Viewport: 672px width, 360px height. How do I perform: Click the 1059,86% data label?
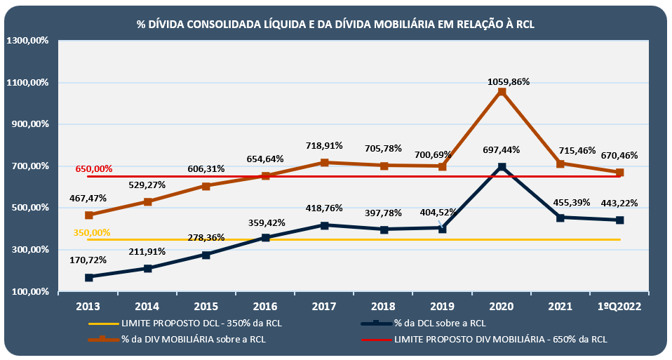(502, 81)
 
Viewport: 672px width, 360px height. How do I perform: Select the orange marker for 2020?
(502, 92)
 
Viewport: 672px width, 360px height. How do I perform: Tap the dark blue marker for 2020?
(502, 167)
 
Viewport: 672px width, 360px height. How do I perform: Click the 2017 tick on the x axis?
(324, 306)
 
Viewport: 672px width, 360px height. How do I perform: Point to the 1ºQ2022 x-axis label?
(619, 306)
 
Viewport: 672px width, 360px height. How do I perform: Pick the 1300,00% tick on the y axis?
(26, 41)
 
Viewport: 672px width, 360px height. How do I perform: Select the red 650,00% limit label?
(94, 169)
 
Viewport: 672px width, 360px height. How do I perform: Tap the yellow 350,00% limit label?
(92, 232)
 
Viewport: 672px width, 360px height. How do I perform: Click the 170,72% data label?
(88, 260)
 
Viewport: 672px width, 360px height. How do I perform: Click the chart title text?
(335, 24)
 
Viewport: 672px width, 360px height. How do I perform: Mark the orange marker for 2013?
(88, 215)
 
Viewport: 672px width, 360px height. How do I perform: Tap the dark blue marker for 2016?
(265, 238)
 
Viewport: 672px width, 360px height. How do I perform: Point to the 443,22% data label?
(619, 204)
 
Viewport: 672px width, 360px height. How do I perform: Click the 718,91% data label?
(324, 146)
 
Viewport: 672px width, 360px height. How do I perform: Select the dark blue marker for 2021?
(560, 218)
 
